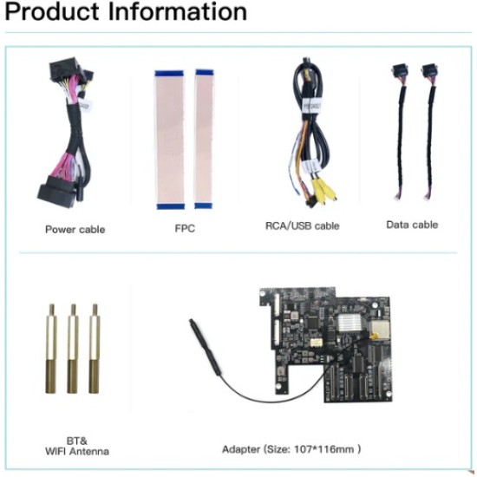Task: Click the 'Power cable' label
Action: coord(75,229)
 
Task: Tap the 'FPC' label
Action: coord(185,228)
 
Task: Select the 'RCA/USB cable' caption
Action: coord(303,226)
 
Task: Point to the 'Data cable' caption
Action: coord(412,225)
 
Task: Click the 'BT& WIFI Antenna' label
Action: coord(77,447)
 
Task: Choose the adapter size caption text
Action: coord(291,449)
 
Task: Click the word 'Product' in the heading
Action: coord(52,12)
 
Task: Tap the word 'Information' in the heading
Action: coord(177,11)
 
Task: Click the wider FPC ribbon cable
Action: coord(170,140)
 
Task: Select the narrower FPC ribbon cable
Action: coord(204,139)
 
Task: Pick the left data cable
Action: coord(401,132)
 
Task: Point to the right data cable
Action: coord(429,132)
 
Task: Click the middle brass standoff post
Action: coord(73,349)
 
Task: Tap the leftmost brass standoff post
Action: coord(51,349)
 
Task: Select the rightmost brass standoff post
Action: coord(95,349)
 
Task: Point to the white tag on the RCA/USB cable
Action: coord(311,105)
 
